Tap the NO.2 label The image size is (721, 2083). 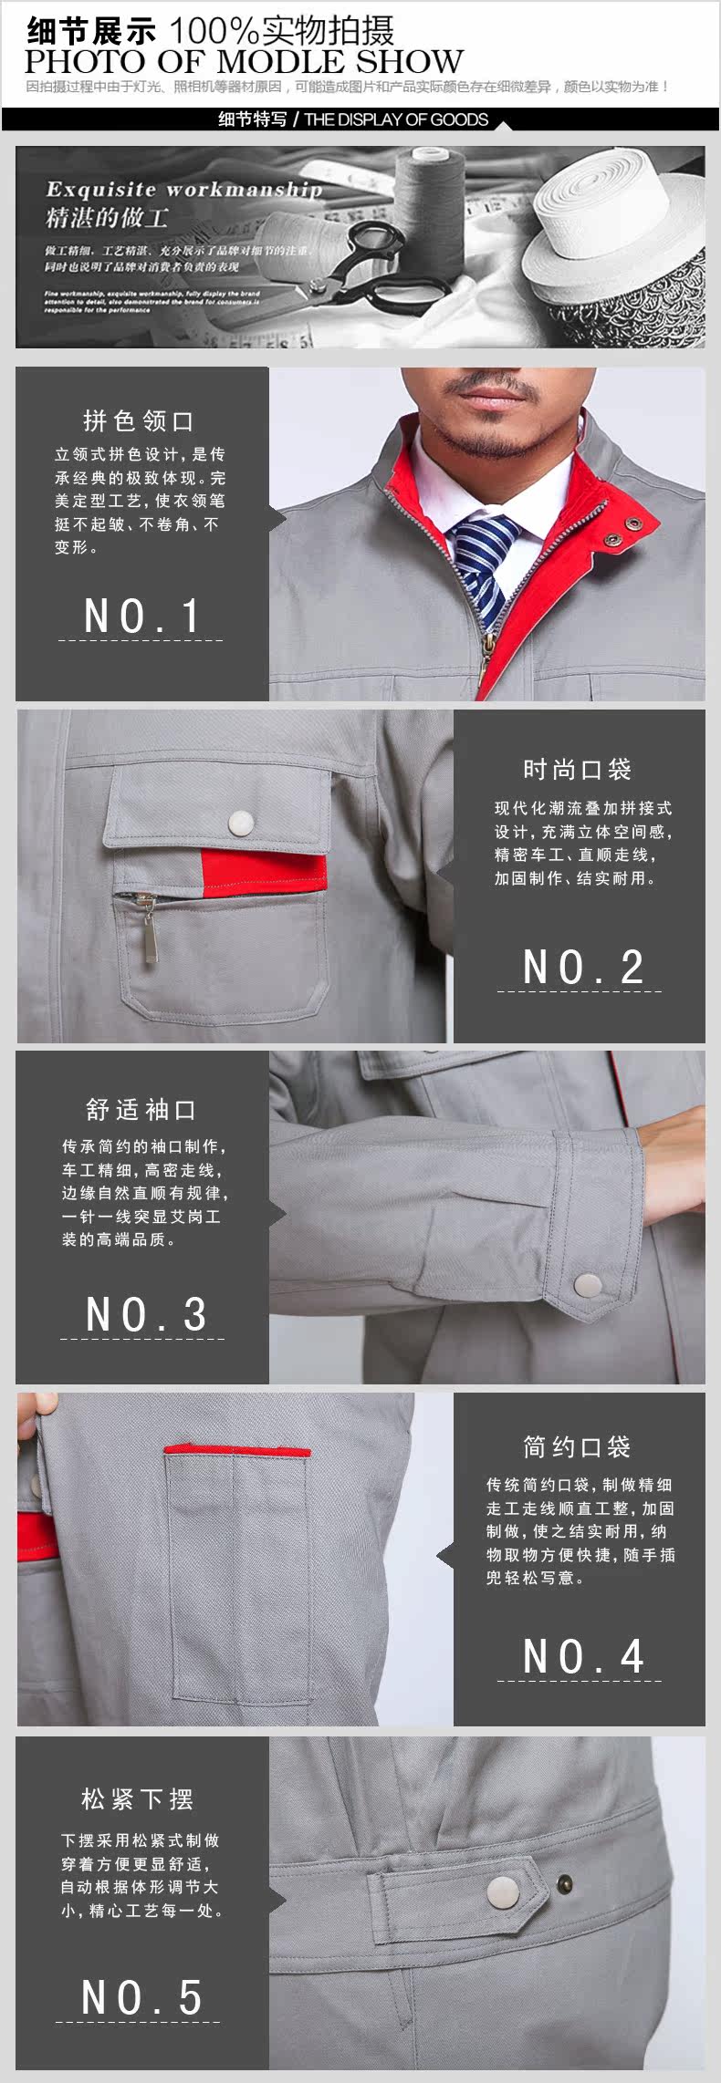582,967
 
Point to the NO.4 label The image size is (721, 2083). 582,1656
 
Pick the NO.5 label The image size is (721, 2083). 141,1997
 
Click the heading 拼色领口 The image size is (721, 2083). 139,420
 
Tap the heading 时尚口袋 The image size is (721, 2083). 577,769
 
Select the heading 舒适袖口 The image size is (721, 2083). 141,1109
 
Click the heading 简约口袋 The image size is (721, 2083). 577,1446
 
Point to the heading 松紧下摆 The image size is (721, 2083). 137,1798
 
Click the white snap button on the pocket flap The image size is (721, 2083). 241,822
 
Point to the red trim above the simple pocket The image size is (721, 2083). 237,1451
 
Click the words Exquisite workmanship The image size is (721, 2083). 183,190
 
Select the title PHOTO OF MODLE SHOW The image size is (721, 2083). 244,62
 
